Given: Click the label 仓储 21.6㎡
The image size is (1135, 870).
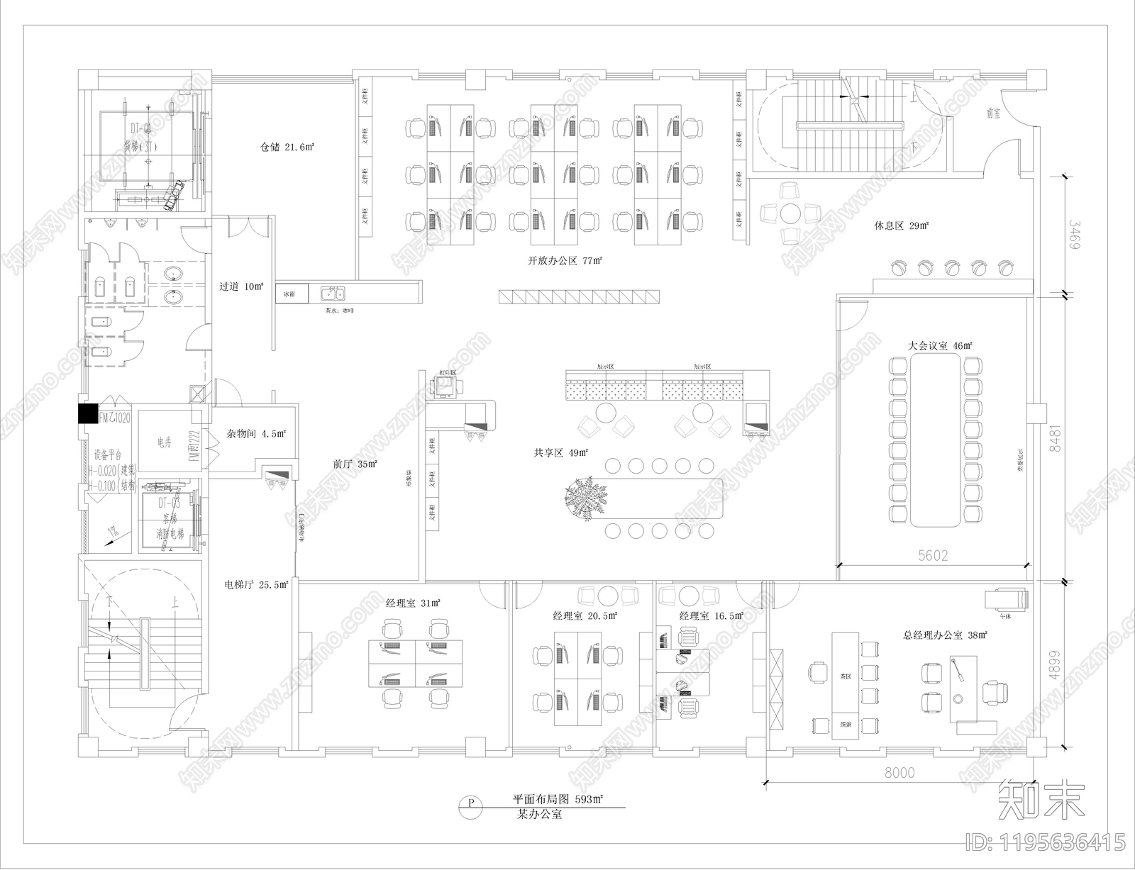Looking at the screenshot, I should pyautogui.click(x=287, y=147).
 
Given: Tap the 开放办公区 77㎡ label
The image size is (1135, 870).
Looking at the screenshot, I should pyautogui.click(x=565, y=261).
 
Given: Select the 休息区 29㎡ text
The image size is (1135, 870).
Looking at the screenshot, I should pyautogui.click(x=901, y=226).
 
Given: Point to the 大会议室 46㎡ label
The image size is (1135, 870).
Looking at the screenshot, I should pyautogui.click(x=939, y=346).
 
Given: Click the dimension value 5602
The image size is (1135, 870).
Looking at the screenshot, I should pyautogui.click(x=933, y=556).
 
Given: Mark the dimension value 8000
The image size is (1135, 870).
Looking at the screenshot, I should pyautogui.click(x=899, y=773).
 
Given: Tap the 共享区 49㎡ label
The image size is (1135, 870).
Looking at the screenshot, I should pyautogui.click(x=563, y=452).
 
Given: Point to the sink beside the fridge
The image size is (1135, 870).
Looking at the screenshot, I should pyautogui.click(x=331, y=293).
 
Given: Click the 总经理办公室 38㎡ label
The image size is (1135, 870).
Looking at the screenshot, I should pyautogui.click(x=945, y=636).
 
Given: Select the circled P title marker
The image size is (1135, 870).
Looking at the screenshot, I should pyautogui.click(x=470, y=803).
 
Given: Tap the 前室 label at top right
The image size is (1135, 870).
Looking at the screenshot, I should pyautogui.click(x=993, y=113).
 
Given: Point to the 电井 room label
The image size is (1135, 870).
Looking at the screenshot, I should pyautogui.click(x=164, y=443).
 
